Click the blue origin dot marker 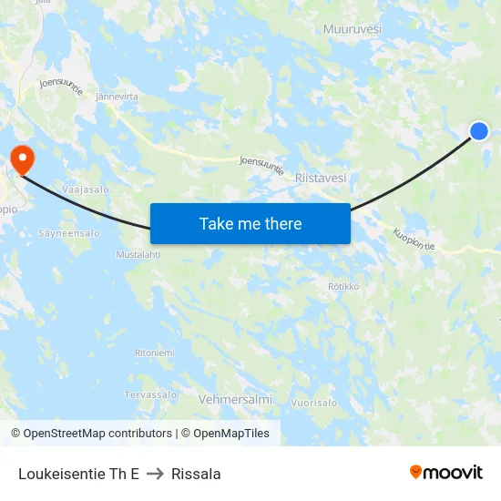(478, 132)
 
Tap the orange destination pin (20, 159)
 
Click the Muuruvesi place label (352, 29)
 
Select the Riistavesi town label (321, 179)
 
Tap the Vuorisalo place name (314, 402)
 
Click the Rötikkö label (344, 286)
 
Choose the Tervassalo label (150, 394)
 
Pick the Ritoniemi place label (154, 353)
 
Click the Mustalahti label (138, 255)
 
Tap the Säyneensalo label (69, 233)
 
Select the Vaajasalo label (86, 189)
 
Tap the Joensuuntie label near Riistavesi (261, 166)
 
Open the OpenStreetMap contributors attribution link (91, 434)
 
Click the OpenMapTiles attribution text (225, 434)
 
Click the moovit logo (446, 472)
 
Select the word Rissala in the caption (196, 474)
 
